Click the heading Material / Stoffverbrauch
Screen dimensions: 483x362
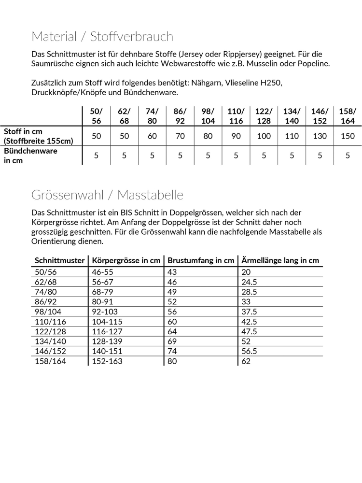[102, 37]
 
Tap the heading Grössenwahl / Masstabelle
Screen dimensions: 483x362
[107, 195]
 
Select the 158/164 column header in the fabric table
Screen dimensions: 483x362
[348, 116]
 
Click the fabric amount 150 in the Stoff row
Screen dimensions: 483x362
[348, 136]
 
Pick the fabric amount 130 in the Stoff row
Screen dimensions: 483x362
[320, 136]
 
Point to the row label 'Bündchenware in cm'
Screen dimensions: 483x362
[31, 156]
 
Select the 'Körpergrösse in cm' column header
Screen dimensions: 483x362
[126, 260]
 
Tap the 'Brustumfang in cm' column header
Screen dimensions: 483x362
[201, 260]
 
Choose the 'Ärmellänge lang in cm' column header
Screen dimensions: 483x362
[280, 260]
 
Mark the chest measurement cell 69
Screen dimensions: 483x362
[172, 341]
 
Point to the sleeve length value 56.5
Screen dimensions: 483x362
[249, 351]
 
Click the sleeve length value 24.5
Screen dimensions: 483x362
[249, 283]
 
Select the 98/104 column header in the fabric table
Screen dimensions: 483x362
[208, 116]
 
